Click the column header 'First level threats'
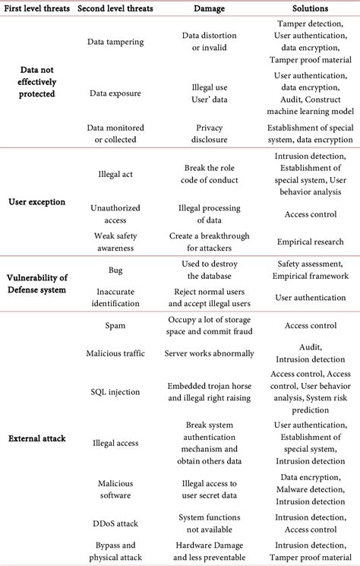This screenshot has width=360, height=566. pyautogui.click(x=36, y=8)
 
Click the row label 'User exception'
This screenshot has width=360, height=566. pyautogui.click(x=36, y=202)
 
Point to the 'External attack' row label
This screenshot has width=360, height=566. pyautogui.click(x=36, y=438)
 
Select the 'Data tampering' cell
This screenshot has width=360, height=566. pyautogui.click(x=116, y=41)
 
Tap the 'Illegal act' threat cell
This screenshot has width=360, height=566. pyautogui.click(x=116, y=173)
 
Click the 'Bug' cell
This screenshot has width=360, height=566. pyautogui.click(x=116, y=270)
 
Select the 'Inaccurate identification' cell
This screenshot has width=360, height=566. pyautogui.click(x=116, y=297)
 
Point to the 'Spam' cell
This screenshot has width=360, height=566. pyautogui.click(x=116, y=325)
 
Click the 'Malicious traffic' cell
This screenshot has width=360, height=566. pyautogui.click(x=116, y=353)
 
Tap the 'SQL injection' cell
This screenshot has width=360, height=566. pyautogui.click(x=116, y=391)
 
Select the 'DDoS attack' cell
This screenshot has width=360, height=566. pyautogui.click(x=116, y=524)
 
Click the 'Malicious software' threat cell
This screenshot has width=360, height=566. pyautogui.click(x=116, y=489)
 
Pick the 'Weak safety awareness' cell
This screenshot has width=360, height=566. pyautogui.click(x=116, y=242)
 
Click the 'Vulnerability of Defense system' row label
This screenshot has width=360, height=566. pyautogui.click(x=36, y=283)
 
